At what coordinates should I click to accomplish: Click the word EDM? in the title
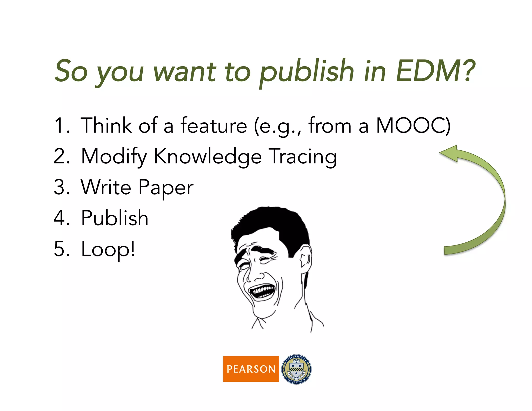click(x=435, y=71)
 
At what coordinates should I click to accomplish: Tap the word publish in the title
click(x=307, y=71)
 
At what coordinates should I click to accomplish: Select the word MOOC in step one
click(x=410, y=126)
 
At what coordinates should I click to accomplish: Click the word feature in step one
click(x=214, y=126)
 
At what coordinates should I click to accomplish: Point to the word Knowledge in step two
click(x=208, y=157)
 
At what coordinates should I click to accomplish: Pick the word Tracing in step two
click(x=303, y=157)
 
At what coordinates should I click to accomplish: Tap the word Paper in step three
click(x=166, y=188)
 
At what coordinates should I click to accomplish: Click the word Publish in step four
click(x=115, y=218)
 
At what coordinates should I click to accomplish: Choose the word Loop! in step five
click(x=108, y=249)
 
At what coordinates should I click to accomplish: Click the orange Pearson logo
click(x=251, y=369)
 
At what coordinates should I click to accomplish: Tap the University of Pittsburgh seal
click(x=296, y=369)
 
